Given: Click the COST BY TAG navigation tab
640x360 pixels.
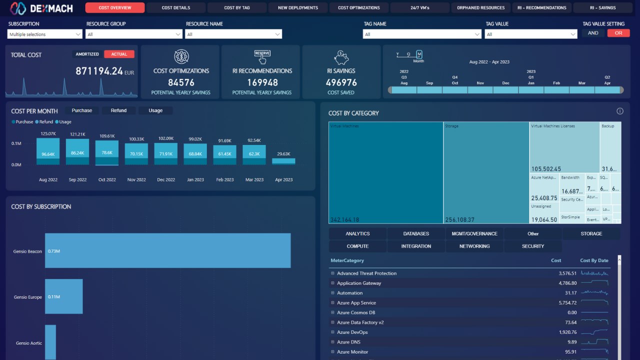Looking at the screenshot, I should tap(236, 8).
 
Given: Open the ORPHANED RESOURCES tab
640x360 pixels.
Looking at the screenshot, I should tap(480, 8).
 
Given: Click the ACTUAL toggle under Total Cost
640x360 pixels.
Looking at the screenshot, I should tap(119, 54).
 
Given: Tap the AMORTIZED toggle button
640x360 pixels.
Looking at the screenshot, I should tap(87, 54).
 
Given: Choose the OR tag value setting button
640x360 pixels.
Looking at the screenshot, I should tap(618, 33).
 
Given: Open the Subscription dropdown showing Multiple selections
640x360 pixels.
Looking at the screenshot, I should tap(45, 34).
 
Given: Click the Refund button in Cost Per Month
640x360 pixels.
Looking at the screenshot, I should tap(118, 110).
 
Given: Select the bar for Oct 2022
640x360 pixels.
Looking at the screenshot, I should tap(107, 152).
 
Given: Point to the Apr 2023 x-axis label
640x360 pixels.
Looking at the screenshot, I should tap(283, 179).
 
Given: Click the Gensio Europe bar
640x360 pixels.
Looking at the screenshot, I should tap(63, 296).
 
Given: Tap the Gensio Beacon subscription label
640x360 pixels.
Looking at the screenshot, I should tap(27, 251).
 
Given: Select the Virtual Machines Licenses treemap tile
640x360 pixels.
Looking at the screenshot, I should tap(564, 147).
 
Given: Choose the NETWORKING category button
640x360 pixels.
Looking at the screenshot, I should tap(474, 246).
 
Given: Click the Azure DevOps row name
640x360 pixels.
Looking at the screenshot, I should tap(352, 332).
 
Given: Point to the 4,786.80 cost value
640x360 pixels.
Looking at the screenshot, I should tap(567, 283).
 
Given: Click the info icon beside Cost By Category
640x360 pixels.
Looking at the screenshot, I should tap(620, 111).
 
